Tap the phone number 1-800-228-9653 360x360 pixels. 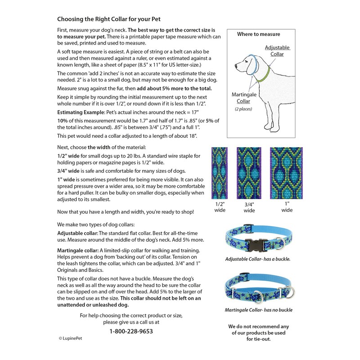click(x=131, y=331)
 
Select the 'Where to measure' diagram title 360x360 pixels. click(x=258, y=34)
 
